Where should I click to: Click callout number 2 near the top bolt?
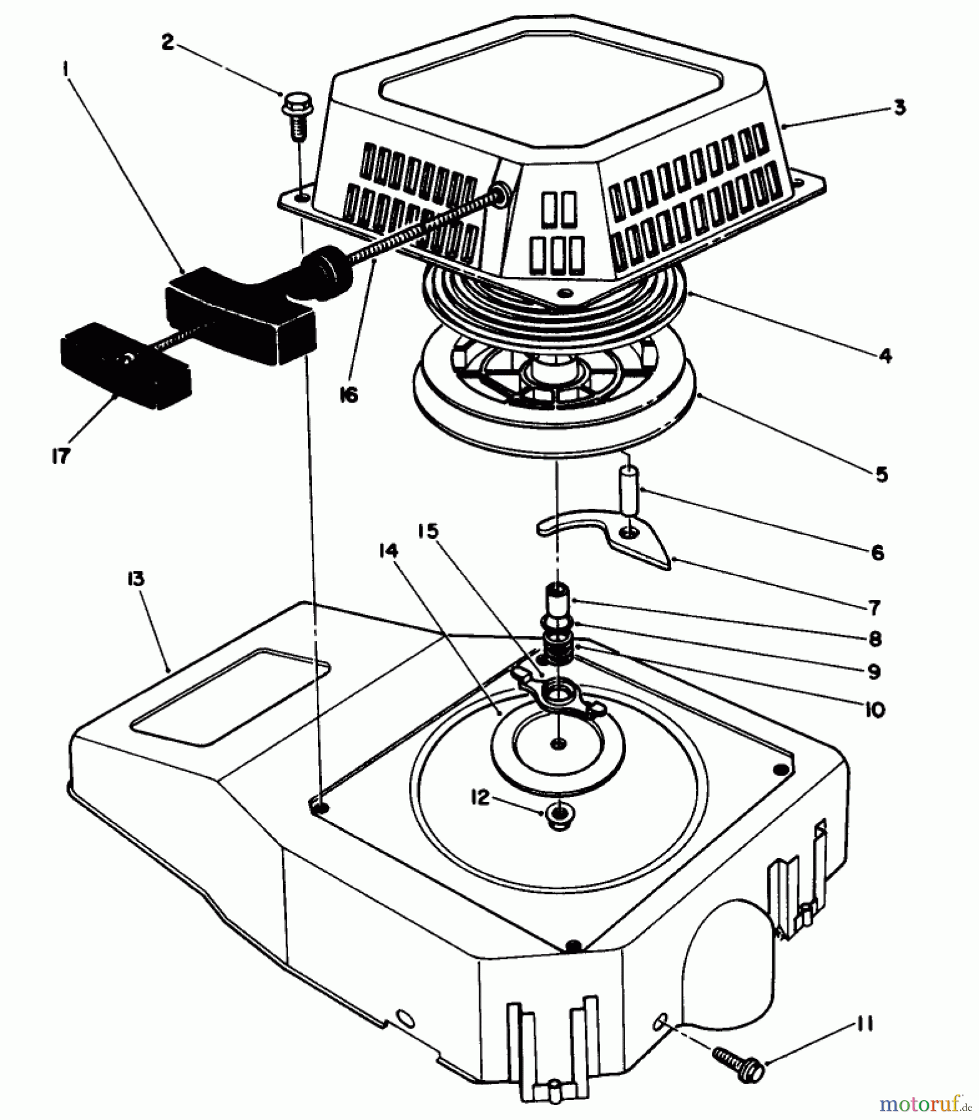(x=166, y=43)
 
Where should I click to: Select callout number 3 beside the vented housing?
(x=900, y=107)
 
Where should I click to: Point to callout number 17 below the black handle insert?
(x=60, y=456)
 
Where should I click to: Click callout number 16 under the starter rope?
(x=349, y=394)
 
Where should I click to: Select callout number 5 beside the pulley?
(x=881, y=474)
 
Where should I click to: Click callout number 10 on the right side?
(x=874, y=709)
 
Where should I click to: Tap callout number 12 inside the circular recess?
(x=480, y=798)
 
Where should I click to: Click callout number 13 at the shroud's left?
(x=136, y=579)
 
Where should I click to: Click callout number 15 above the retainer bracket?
(x=428, y=531)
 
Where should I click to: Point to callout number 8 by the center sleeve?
(x=876, y=638)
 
